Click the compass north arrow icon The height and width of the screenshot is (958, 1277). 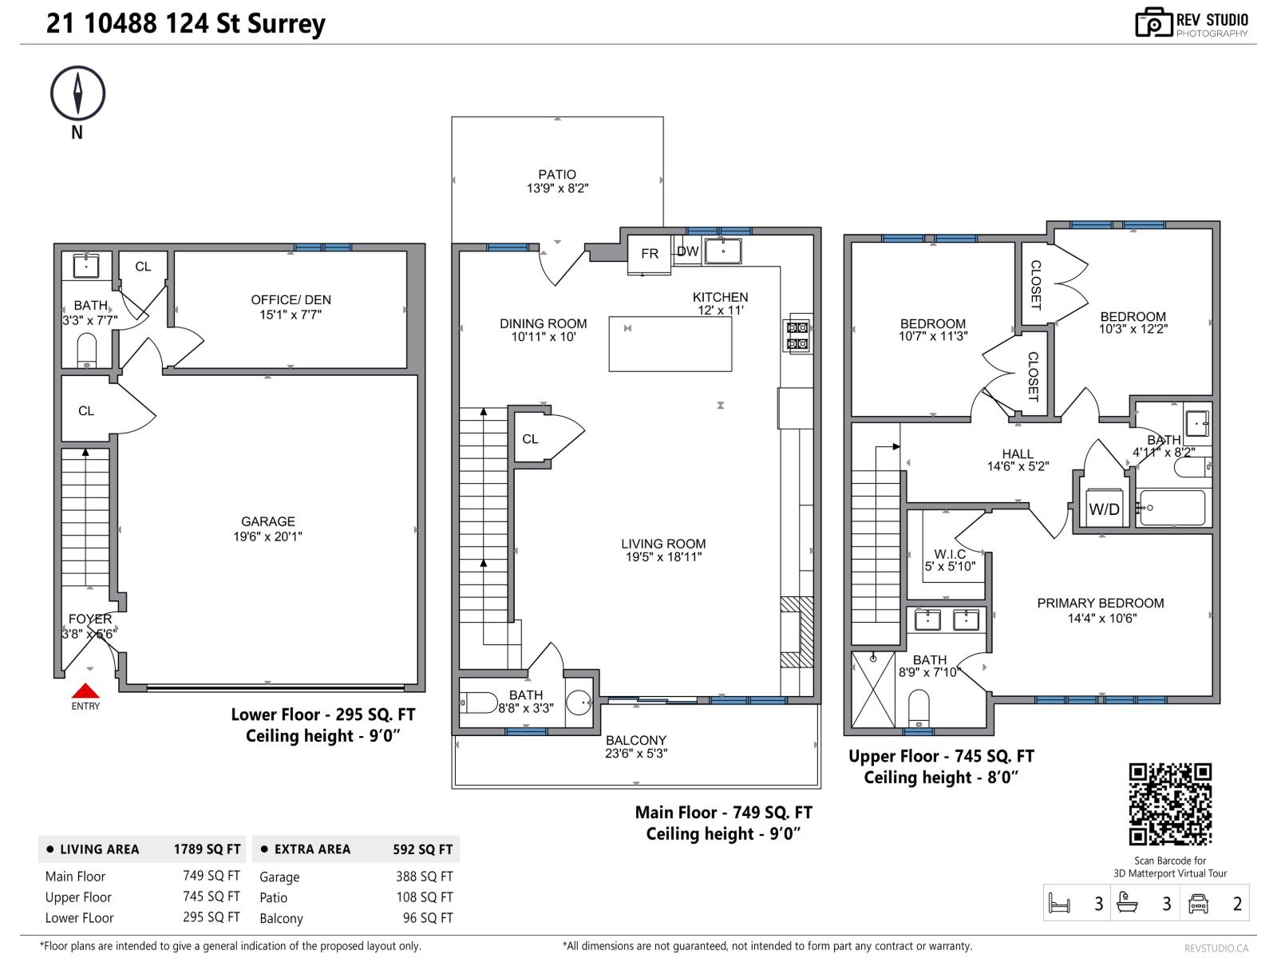point(78,93)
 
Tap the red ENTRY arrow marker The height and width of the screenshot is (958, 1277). point(85,691)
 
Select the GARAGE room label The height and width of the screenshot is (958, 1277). point(268,521)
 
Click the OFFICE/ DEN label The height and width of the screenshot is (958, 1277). point(291,300)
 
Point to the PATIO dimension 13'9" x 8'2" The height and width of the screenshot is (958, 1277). point(557,188)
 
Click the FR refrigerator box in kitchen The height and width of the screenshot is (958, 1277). point(650,254)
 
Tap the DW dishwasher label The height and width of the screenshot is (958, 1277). point(687,251)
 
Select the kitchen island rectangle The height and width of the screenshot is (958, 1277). point(670,343)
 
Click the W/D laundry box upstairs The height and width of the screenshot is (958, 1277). point(1105,509)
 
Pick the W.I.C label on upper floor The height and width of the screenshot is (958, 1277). point(950,554)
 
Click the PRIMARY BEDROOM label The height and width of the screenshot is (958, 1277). point(1100,604)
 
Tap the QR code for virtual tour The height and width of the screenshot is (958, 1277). point(1170,804)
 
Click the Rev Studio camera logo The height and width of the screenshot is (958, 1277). point(1153,23)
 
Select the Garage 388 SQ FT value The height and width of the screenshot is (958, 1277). point(424,877)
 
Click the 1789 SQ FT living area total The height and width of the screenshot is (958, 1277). point(207,849)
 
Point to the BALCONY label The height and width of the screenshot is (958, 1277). point(635,740)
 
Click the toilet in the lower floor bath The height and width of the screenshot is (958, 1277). point(86,350)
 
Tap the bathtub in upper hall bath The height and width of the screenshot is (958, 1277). point(1172,508)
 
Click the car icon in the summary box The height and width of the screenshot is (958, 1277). point(1198,904)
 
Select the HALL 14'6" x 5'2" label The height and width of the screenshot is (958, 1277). point(1018,460)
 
